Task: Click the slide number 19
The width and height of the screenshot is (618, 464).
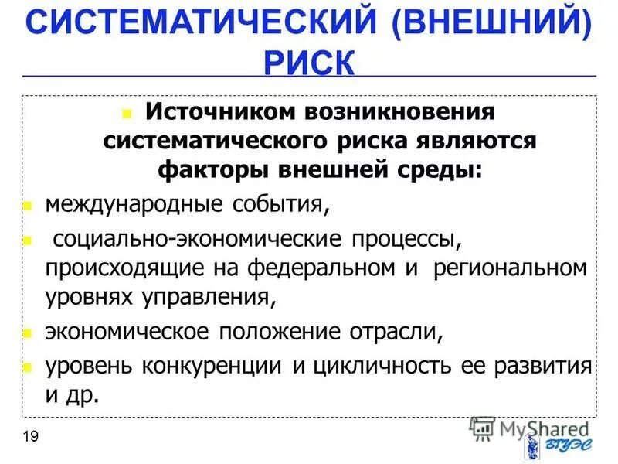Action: (31, 437)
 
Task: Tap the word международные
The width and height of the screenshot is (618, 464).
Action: (124, 206)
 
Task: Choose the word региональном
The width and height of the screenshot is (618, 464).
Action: (510, 268)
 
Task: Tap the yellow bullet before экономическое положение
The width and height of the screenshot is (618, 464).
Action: (26, 333)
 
